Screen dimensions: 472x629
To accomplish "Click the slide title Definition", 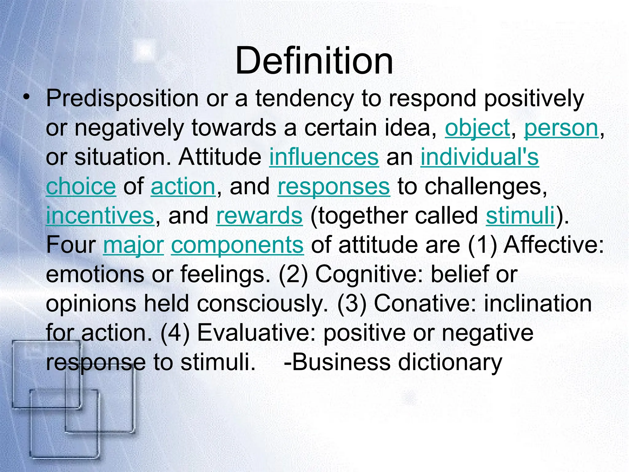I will [x=314, y=61].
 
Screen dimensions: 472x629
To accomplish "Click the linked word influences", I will [x=324, y=157].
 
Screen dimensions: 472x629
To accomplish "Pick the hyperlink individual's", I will [x=479, y=157].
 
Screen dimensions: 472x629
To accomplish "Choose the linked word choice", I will [x=81, y=186].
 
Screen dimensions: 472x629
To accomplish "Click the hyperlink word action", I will [x=183, y=186].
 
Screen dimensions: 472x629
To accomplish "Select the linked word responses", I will [x=334, y=186].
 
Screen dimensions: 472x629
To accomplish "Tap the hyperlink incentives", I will [x=100, y=215].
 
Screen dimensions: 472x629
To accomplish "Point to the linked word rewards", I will [x=259, y=215].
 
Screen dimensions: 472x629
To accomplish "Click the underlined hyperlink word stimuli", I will [x=521, y=215].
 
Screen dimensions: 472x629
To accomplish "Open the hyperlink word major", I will [x=133, y=245].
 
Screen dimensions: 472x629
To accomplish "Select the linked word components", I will [x=237, y=245].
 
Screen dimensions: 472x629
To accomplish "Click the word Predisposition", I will [x=122, y=98].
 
